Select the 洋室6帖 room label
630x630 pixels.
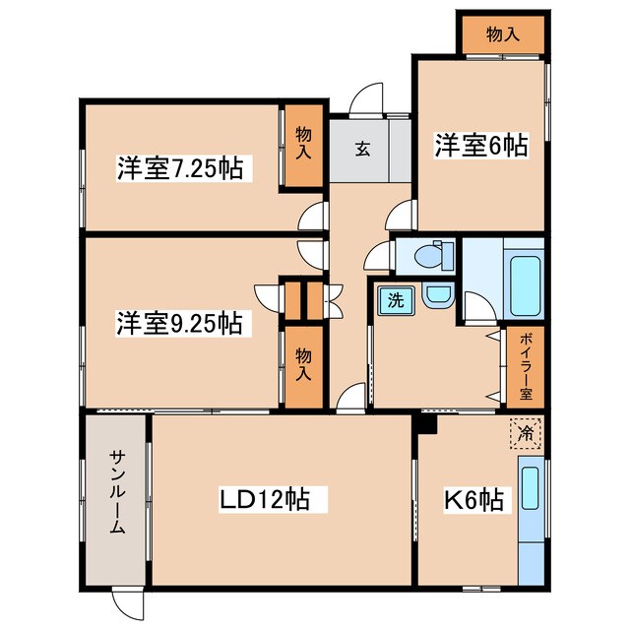[480, 146]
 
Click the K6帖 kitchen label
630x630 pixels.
[479, 501]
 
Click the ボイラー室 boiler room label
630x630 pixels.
[526, 365]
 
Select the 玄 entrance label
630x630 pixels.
[361, 150]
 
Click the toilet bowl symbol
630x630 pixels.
[430, 256]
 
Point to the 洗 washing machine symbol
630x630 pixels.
[394, 299]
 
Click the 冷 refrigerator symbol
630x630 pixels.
[526, 432]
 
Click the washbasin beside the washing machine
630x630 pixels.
[436, 295]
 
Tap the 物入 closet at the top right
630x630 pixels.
[502, 35]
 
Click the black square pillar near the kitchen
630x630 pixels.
[425, 425]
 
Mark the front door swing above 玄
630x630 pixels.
[366, 99]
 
